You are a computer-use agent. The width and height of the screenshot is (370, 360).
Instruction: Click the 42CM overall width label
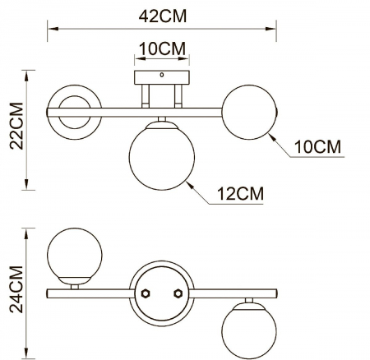162,14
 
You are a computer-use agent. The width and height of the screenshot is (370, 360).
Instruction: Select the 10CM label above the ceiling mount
162,48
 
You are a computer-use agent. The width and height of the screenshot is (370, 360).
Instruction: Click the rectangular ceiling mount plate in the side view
162,78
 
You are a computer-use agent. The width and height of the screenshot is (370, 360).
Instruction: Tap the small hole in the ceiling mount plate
162,76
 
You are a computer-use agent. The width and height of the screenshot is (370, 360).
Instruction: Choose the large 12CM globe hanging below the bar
160,155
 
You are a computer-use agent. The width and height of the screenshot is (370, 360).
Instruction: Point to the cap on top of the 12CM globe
161,123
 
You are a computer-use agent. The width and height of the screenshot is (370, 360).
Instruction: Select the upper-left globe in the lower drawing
76,254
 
